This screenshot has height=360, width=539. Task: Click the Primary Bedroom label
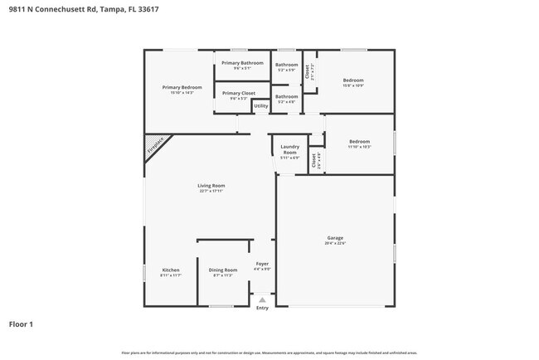coord(182,87)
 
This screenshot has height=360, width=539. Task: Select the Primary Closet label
coord(239,93)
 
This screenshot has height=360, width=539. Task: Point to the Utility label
coord(260,106)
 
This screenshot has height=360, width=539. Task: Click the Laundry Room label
coord(289,149)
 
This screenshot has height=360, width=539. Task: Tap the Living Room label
coord(211,185)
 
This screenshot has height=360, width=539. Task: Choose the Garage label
coord(334,237)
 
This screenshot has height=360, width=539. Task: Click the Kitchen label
coord(171,270)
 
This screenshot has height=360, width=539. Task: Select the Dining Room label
coord(222,270)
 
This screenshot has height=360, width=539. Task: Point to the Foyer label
coord(262,264)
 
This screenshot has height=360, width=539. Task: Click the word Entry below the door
coord(262,308)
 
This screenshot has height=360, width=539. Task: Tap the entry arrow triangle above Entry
coord(262,299)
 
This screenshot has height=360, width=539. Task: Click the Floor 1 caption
coord(22,324)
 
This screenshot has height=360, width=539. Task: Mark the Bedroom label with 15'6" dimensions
coord(352,80)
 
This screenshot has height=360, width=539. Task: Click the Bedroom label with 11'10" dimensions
coord(359,141)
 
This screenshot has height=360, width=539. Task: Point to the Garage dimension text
coord(334,243)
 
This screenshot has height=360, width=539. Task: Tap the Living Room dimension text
coord(211,191)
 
